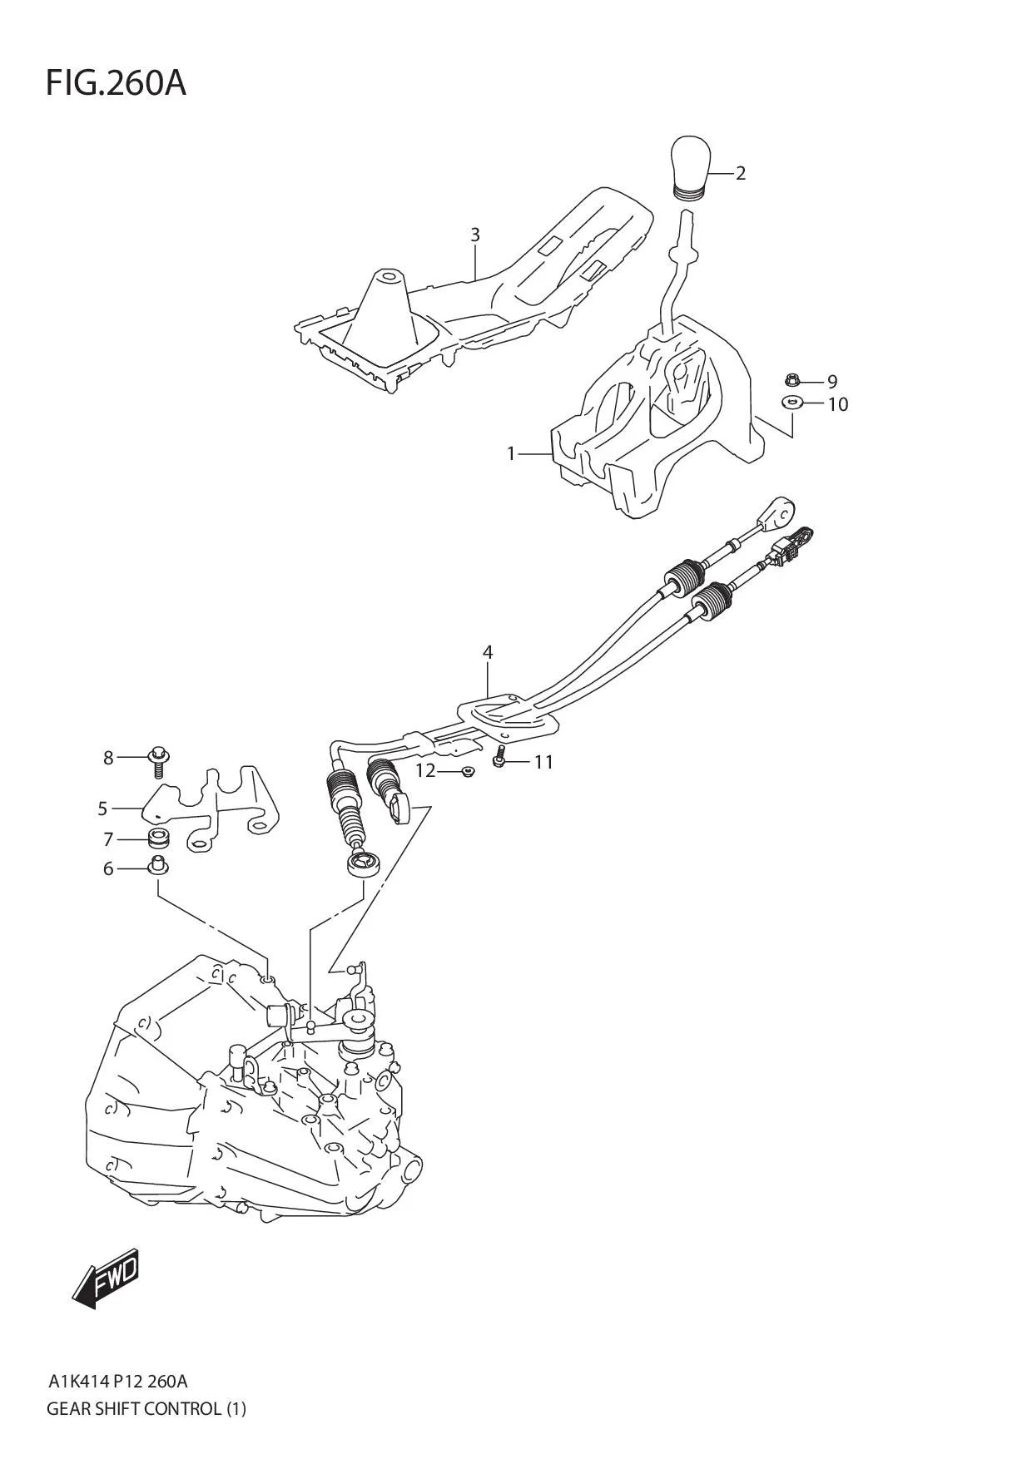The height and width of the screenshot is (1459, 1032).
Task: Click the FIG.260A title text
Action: point(116,83)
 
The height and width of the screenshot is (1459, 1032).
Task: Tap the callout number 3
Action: point(475,235)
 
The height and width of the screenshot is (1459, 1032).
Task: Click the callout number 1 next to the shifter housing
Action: point(512,453)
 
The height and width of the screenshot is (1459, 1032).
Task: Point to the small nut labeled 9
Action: point(791,381)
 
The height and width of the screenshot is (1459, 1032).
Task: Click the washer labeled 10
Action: point(791,403)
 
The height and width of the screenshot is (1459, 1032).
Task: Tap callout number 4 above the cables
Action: point(488,653)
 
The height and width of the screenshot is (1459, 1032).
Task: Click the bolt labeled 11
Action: point(499,759)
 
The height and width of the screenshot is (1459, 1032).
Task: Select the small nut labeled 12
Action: point(468,772)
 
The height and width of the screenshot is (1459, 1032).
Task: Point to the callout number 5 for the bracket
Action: point(103,808)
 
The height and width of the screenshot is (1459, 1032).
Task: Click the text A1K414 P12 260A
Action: point(117,1382)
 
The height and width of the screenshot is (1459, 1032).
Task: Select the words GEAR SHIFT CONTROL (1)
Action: point(146,1409)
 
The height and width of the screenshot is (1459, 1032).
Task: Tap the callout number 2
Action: point(740,174)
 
